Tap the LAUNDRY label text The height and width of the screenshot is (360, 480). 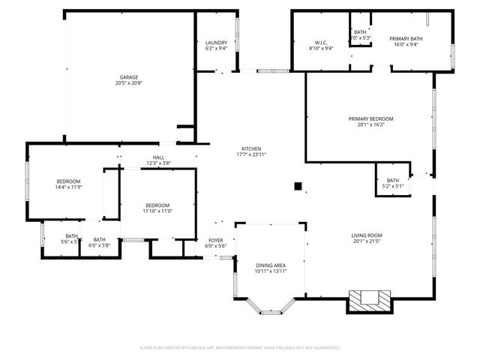coord(216,43)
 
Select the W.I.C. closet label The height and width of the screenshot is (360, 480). coord(321,43)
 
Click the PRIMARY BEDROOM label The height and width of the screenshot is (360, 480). coord(370,119)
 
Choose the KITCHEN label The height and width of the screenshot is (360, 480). coord(251,148)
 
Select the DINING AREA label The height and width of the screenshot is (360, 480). coord(270,265)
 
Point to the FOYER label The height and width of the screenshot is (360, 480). coord(215,241)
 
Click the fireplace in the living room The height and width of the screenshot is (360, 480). coord(368,300)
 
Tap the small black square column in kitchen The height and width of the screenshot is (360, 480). coord(298,185)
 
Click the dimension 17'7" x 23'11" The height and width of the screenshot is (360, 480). coord(251,154)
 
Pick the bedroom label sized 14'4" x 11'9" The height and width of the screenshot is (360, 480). coord(68,181)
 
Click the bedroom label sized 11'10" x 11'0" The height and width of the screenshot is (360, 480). coord(157,205)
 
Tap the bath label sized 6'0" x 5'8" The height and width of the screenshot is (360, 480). coord(99,240)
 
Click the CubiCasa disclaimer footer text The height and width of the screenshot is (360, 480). coord(240,347)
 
